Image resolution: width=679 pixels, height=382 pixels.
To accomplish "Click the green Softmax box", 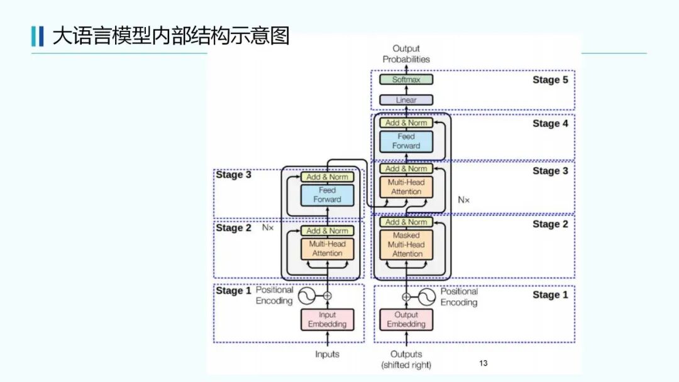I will [x=406, y=80].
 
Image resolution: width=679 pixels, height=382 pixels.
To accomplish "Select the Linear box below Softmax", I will [x=406, y=100].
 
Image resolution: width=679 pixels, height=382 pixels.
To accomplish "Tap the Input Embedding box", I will [x=327, y=320].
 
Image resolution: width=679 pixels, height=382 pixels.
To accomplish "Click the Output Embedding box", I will [x=406, y=320].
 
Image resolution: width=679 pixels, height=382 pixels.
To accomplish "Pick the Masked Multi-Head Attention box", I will [x=407, y=244].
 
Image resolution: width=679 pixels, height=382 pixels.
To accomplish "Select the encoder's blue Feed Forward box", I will [x=327, y=195].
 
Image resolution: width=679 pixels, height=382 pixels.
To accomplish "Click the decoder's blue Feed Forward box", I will [x=406, y=141].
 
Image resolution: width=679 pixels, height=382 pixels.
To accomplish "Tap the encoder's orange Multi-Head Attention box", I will [x=327, y=248].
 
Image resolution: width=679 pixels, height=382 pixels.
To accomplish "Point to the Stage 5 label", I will [x=550, y=80].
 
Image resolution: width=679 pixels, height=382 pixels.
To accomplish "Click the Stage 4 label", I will [x=550, y=124].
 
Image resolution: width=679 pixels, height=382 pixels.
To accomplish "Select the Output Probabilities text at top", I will [x=406, y=54].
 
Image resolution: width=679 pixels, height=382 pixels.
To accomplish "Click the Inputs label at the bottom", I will [x=327, y=354].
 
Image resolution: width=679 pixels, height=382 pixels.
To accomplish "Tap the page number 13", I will [x=483, y=363].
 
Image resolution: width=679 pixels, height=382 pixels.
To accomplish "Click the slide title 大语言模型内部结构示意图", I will [x=170, y=36].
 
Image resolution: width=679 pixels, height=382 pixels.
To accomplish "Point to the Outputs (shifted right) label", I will [x=406, y=359].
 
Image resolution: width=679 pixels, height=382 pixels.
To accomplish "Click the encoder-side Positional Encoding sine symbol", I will [x=307, y=295].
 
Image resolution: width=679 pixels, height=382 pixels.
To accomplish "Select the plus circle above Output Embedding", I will [x=406, y=297].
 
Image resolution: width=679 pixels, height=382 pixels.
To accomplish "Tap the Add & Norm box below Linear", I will [x=406, y=123].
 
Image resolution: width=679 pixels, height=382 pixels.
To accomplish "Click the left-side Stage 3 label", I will [x=234, y=175].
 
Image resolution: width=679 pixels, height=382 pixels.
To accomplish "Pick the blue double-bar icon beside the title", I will [x=37, y=36].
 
